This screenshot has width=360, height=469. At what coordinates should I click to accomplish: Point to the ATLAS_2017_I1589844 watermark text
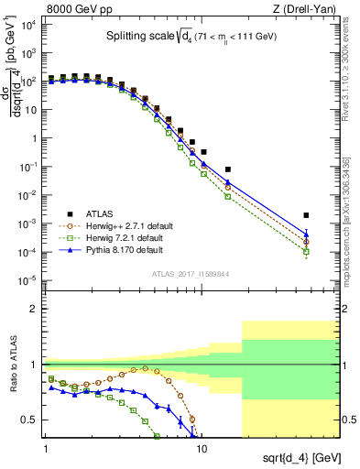(191, 273)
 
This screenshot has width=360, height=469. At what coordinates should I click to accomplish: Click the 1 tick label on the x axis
(46, 450)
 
